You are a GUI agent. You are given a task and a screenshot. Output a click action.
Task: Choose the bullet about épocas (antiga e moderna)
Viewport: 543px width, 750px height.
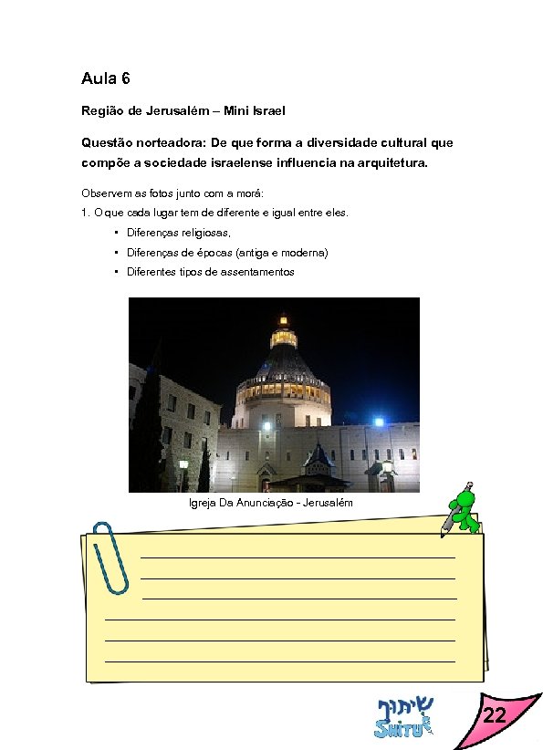[x=227, y=252]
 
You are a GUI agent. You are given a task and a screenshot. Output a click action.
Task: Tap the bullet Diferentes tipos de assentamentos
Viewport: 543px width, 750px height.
[x=211, y=272]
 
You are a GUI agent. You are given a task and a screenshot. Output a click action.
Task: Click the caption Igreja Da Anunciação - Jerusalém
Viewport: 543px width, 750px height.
[x=270, y=503]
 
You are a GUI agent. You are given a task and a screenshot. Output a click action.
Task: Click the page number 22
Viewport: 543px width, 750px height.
[x=494, y=717]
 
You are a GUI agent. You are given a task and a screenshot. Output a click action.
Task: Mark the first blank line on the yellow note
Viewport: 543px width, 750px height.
[x=298, y=557]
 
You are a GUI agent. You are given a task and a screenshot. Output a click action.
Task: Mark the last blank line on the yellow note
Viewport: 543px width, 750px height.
[x=280, y=660]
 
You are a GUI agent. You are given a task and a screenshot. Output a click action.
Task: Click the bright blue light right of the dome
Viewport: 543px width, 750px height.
[x=379, y=422]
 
